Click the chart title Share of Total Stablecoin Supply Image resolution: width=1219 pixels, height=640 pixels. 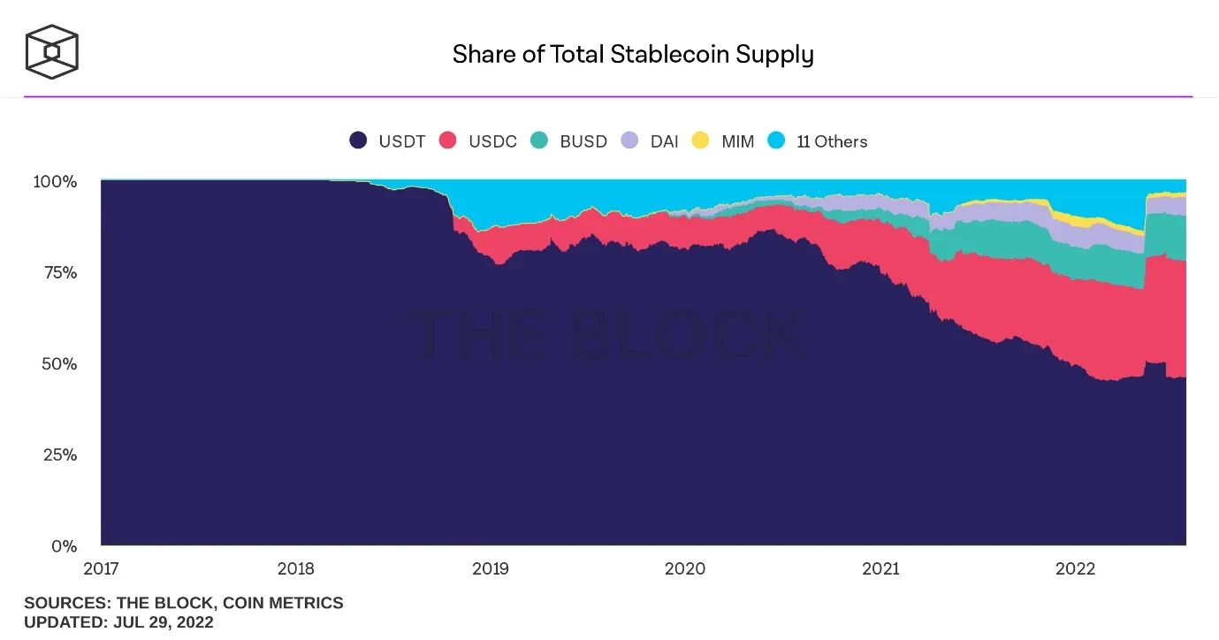(x=633, y=55)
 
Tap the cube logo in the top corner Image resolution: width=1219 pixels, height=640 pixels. (x=51, y=50)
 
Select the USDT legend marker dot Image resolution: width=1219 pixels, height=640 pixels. (x=358, y=141)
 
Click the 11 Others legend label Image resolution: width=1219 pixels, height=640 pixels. (x=832, y=141)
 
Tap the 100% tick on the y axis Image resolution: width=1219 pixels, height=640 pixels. (x=55, y=181)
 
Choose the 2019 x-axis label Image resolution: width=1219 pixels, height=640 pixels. (x=490, y=568)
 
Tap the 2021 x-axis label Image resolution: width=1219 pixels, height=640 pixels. (x=880, y=568)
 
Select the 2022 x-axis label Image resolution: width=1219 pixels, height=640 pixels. (x=1075, y=568)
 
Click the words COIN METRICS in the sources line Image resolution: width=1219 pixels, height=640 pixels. (x=283, y=603)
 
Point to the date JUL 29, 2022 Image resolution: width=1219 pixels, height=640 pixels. (x=163, y=622)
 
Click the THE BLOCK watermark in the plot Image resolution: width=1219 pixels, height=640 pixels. (x=608, y=336)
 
